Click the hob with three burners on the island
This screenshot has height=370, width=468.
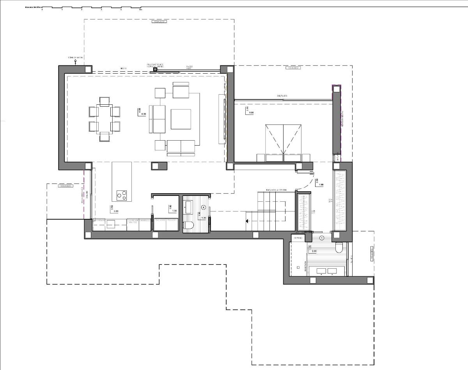[x=122, y=195]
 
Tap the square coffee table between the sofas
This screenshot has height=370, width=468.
[x=181, y=119]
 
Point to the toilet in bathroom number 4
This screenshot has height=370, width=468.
[x=188, y=225]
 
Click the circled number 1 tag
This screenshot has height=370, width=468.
[x=322, y=237]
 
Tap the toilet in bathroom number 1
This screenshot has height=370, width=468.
[x=339, y=248]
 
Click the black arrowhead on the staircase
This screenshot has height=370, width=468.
[x=247, y=221]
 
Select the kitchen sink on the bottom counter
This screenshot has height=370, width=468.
[x=110, y=223]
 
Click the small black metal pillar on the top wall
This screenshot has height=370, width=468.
[x=155, y=70]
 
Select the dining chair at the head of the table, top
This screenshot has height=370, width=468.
[x=104, y=101]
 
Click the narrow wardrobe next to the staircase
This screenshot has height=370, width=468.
[x=303, y=211]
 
